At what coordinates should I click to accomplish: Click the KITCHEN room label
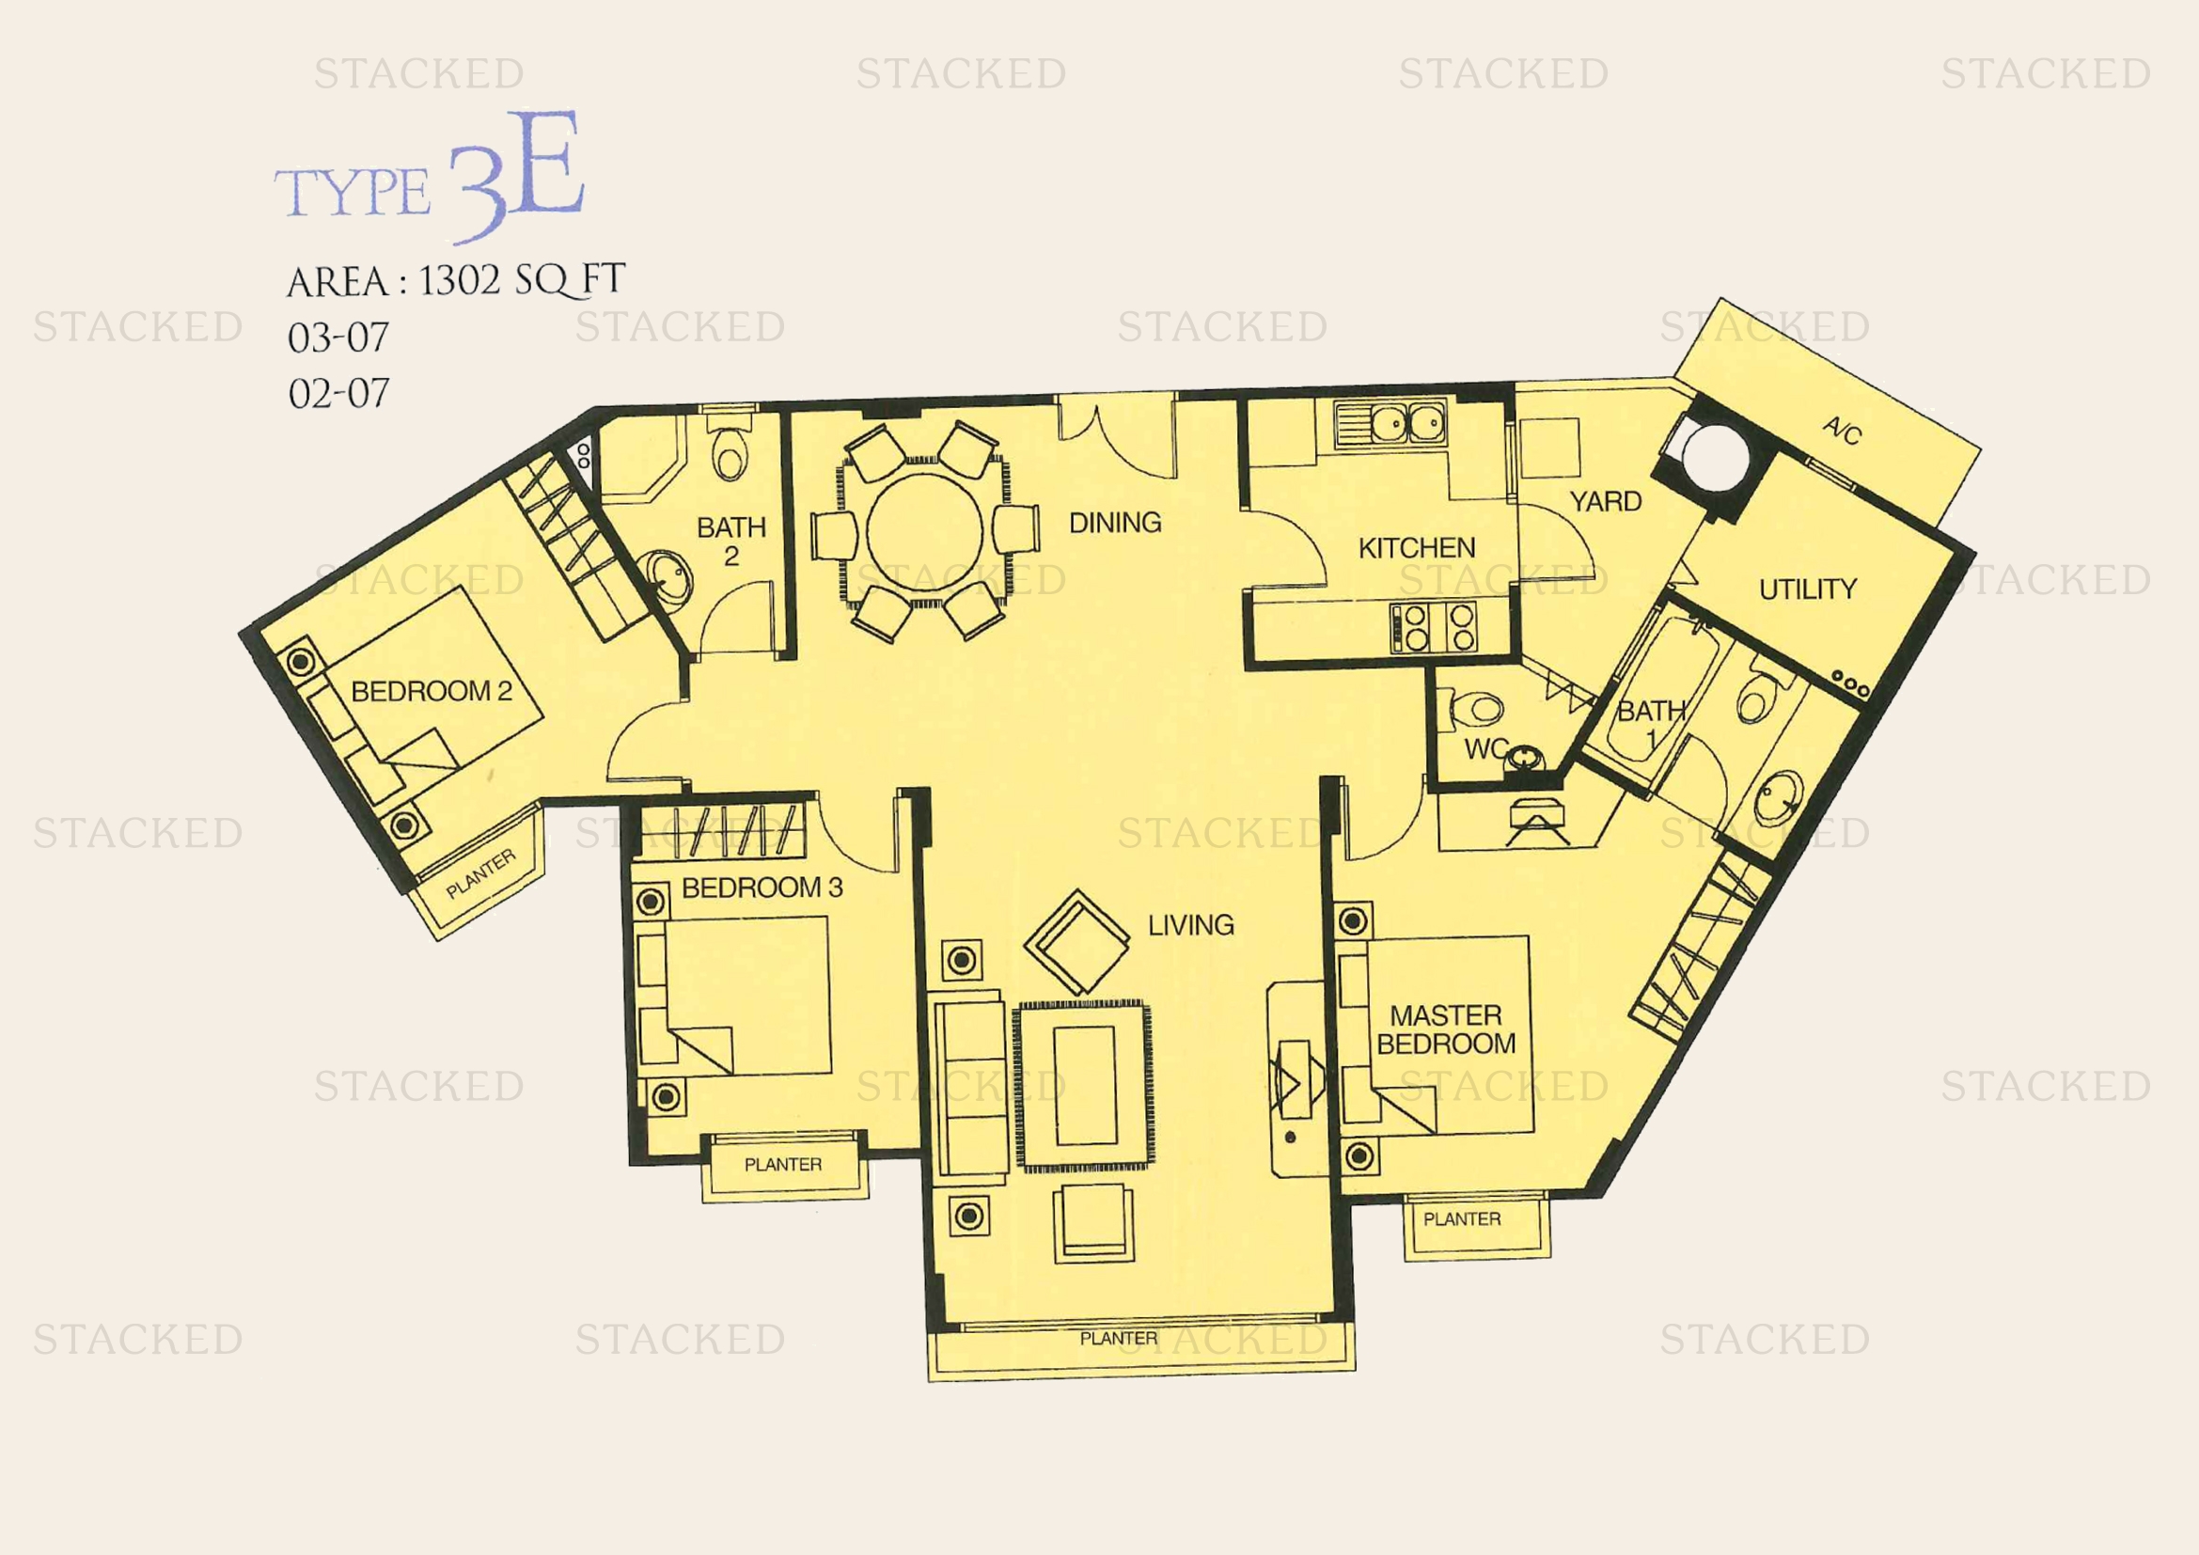[1417, 548]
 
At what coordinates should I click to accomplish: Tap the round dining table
[924, 532]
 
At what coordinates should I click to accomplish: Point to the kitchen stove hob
[1434, 627]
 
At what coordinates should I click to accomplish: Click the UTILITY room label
[1807, 589]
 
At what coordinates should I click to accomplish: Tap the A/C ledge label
[1842, 431]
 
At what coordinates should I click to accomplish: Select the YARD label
[1605, 501]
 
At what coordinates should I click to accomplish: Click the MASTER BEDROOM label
[1446, 1029]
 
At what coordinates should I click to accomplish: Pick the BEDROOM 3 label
[762, 887]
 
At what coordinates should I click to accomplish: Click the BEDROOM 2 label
[431, 690]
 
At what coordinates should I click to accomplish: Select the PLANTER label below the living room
[1119, 1339]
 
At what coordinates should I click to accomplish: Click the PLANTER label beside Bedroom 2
[480, 874]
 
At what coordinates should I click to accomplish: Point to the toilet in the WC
[1475, 710]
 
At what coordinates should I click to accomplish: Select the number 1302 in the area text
[460, 279]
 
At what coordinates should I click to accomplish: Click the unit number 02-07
[338, 394]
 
